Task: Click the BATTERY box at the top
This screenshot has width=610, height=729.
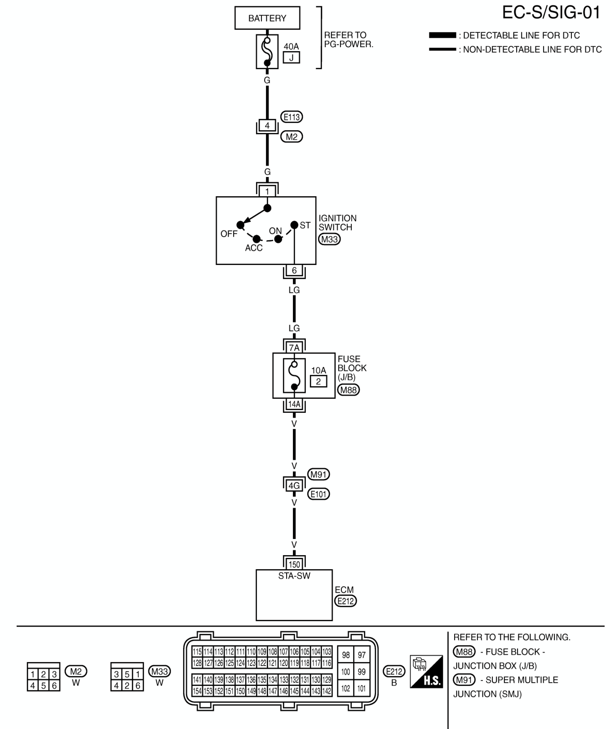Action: (x=267, y=18)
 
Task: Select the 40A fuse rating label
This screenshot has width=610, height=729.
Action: (x=291, y=46)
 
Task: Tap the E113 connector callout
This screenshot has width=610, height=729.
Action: (x=292, y=117)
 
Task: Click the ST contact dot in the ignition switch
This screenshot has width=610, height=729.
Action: (x=294, y=225)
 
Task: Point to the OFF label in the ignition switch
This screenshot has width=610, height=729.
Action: (x=229, y=234)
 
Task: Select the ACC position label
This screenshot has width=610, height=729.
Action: (x=254, y=248)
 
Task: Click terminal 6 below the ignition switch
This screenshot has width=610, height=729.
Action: (x=294, y=270)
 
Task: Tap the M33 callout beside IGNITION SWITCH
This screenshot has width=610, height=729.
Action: (x=329, y=239)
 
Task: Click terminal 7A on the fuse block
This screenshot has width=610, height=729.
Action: (x=294, y=348)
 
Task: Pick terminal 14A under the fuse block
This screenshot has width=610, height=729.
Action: (x=294, y=404)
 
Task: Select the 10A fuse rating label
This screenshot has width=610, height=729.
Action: (x=318, y=371)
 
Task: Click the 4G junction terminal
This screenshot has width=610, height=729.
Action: (x=294, y=486)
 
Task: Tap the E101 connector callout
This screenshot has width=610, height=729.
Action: (x=318, y=494)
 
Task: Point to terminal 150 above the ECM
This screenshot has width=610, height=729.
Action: (x=294, y=565)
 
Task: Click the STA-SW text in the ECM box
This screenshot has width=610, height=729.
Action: (x=294, y=576)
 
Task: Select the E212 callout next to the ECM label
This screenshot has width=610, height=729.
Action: (x=345, y=601)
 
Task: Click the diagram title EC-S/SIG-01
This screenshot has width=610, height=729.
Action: (x=551, y=13)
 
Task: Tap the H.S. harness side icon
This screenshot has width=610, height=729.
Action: (x=427, y=672)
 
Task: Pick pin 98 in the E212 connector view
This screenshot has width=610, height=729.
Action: (x=346, y=655)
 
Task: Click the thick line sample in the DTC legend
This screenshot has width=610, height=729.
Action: (x=442, y=35)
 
